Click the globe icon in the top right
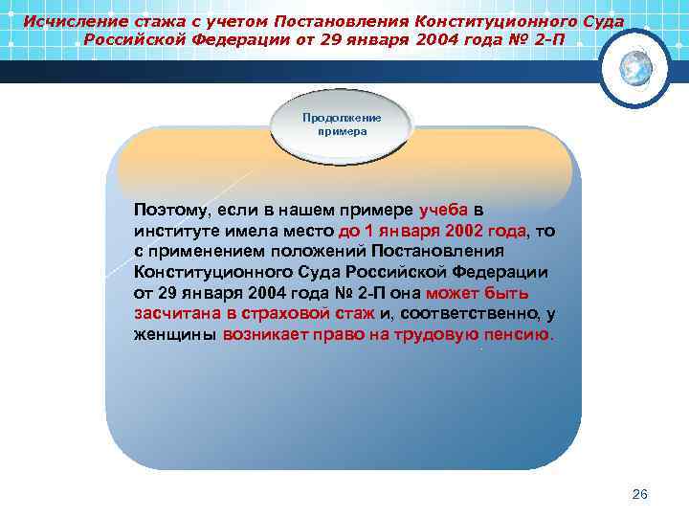coord(634,67)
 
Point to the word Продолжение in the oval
coord(342,118)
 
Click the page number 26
coord(640,494)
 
